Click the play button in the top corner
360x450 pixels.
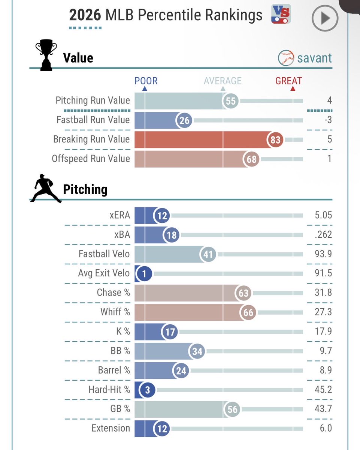pyautogui.click(x=325, y=18)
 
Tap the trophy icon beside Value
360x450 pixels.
pyautogui.click(x=46, y=55)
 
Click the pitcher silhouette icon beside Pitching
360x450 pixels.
pyautogui.click(x=46, y=188)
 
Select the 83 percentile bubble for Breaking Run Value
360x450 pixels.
pyautogui.click(x=275, y=139)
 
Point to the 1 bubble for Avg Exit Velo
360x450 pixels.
pyautogui.click(x=144, y=273)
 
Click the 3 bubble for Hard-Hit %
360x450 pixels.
pyautogui.click(x=147, y=390)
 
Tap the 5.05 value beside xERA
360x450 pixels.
pyautogui.click(x=323, y=215)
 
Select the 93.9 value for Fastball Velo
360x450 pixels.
pyautogui.click(x=323, y=254)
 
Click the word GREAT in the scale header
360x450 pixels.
pyautogui.click(x=288, y=81)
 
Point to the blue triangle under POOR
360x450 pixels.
pyautogui.click(x=145, y=88)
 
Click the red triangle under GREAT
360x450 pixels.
pyautogui.click(x=293, y=88)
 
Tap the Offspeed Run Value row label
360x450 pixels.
pyautogui.click(x=91, y=159)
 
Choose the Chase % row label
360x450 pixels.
pyautogui.click(x=114, y=292)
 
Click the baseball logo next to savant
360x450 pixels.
pyautogui.click(x=286, y=58)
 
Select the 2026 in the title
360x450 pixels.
pyautogui.click(x=85, y=15)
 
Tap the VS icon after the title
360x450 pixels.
pyautogui.click(x=281, y=14)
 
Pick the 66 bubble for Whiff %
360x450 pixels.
pyautogui.click(x=248, y=312)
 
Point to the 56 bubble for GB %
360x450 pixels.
pyautogui.click(x=232, y=409)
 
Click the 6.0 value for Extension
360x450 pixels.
pyautogui.click(x=326, y=428)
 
